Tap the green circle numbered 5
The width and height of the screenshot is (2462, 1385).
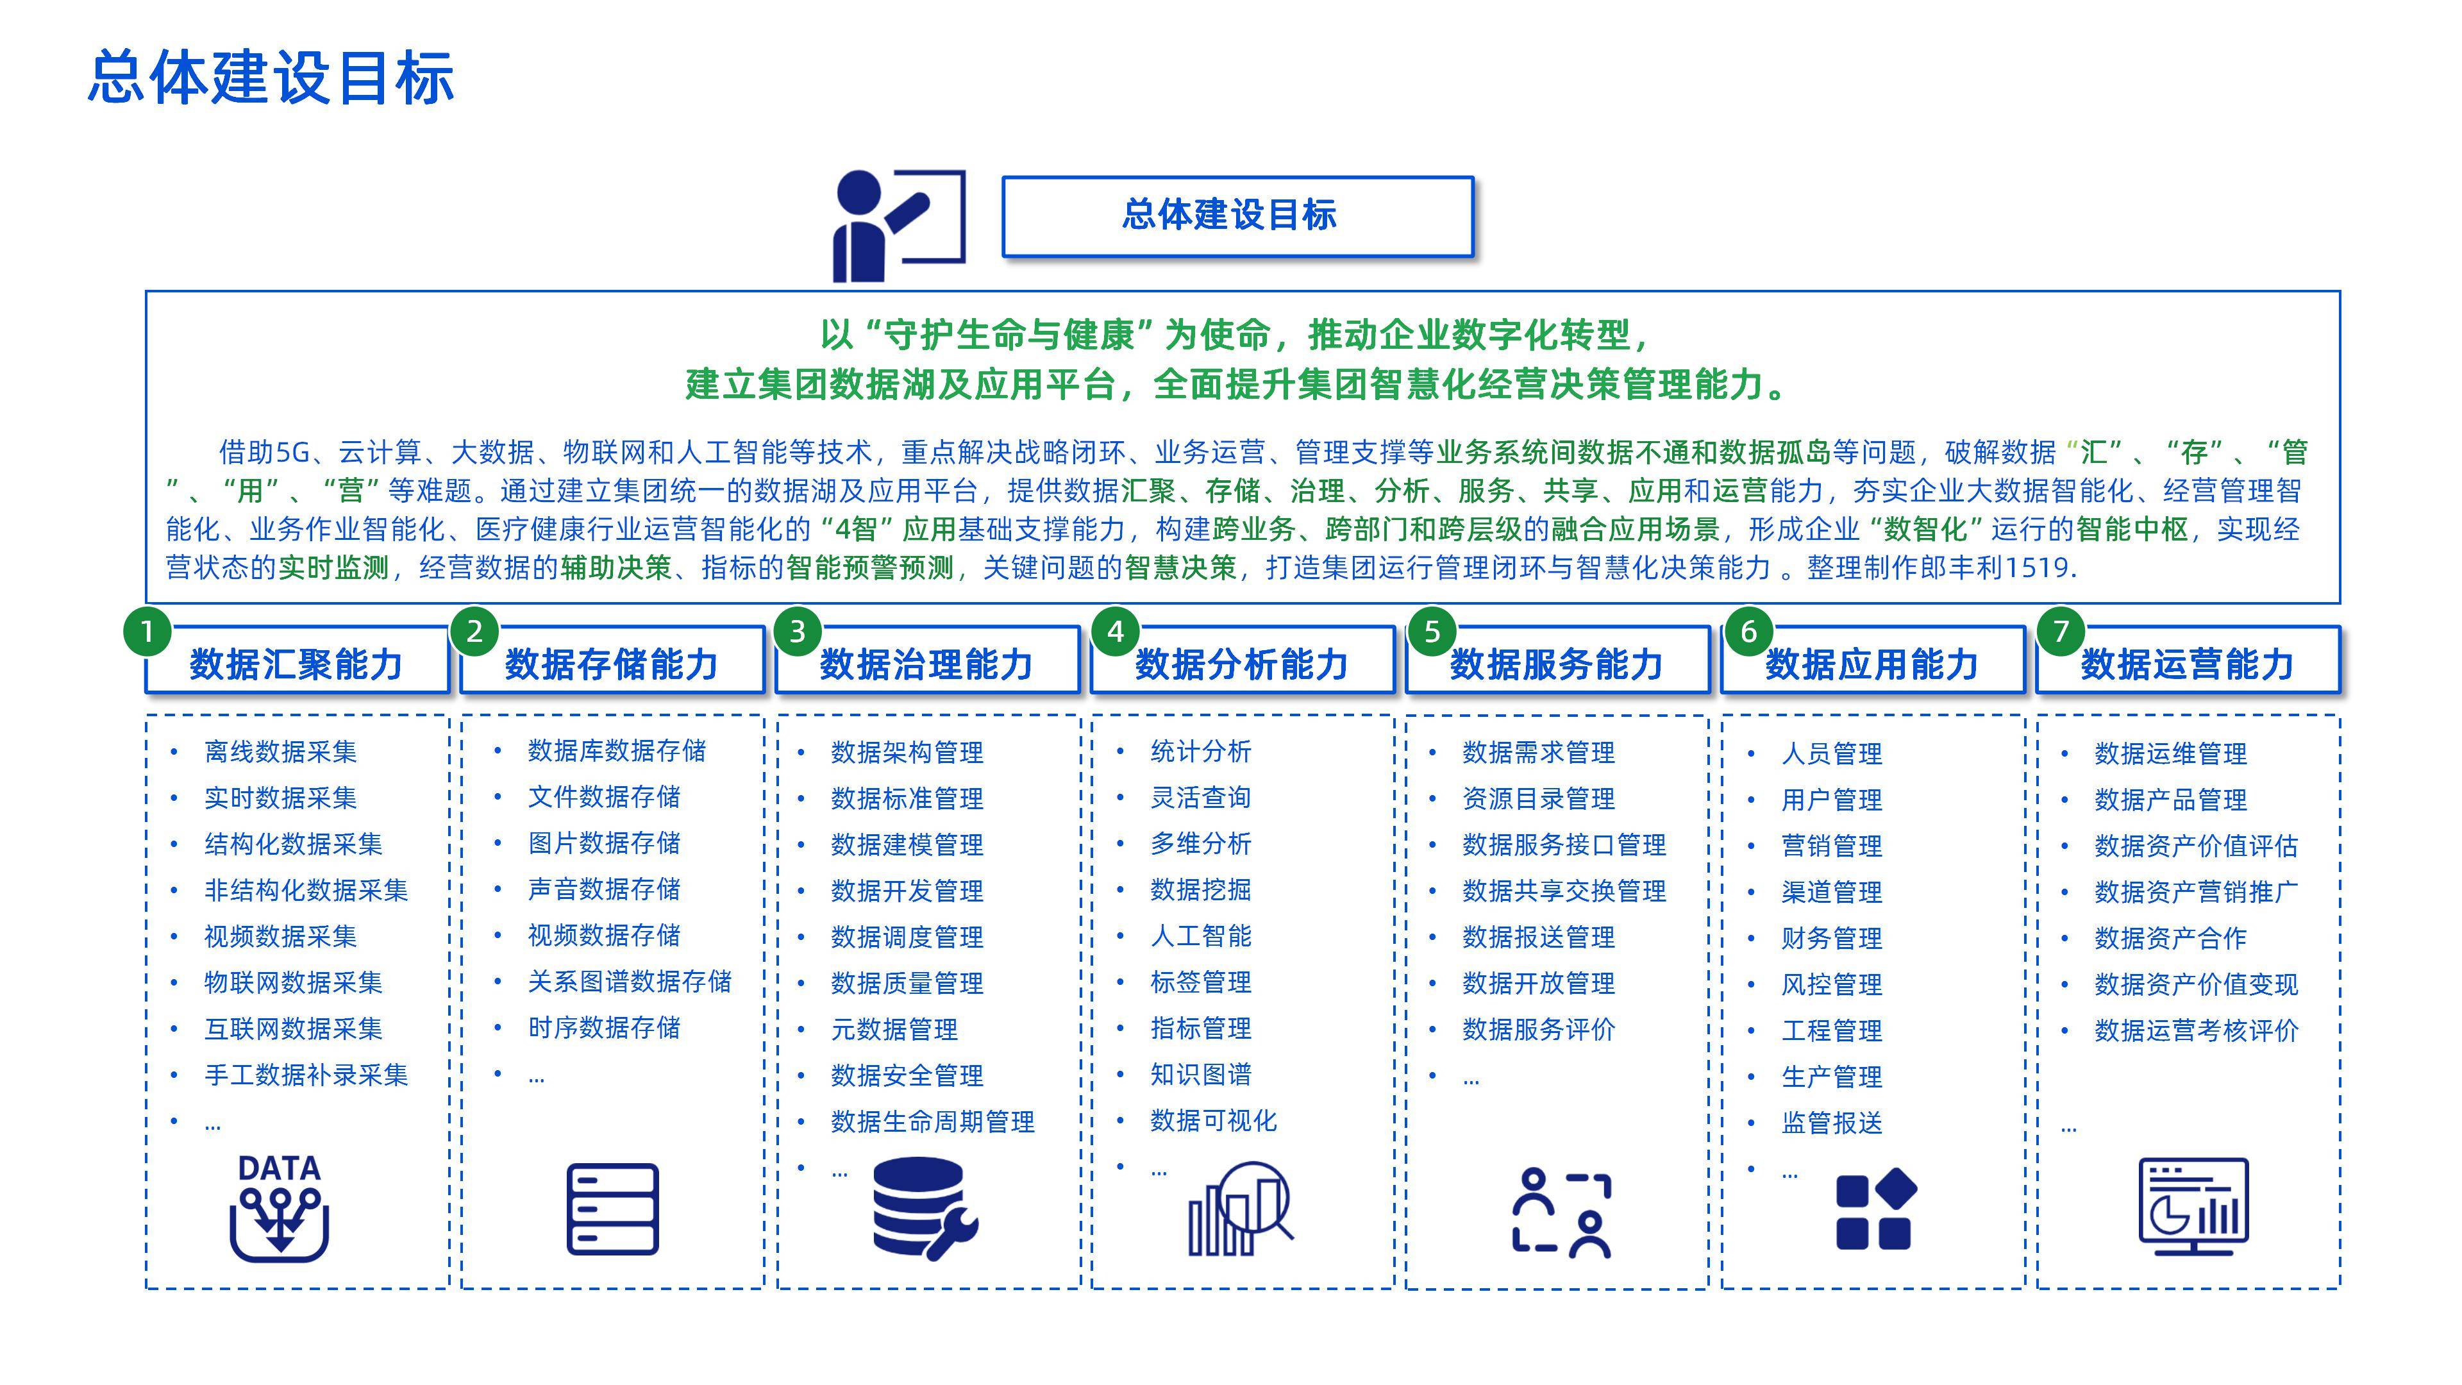coord(1432,632)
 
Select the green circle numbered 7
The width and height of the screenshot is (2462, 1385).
coord(2061,632)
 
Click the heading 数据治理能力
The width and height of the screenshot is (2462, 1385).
coord(926,664)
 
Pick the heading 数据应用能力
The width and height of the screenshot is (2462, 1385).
coord(1872,664)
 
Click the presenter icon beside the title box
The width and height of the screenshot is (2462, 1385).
coord(896,226)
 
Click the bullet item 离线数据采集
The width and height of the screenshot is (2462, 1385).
coord(280,752)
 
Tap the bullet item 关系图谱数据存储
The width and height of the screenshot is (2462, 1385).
coord(629,982)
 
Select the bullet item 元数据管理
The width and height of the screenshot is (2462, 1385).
coord(894,1029)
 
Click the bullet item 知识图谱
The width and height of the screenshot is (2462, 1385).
coord(1200,1075)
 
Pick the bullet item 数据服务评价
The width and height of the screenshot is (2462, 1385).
coord(1538,1029)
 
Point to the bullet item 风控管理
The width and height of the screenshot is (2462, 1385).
coord(1831,984)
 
